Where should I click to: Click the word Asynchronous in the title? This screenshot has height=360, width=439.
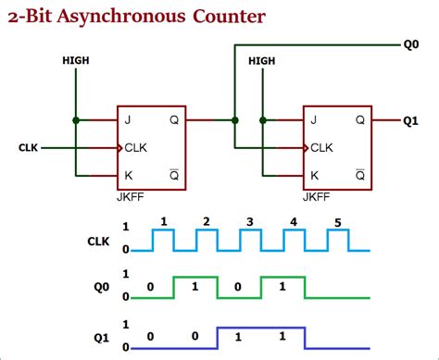click(127, 18)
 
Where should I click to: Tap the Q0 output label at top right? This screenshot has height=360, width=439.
click(412, 43)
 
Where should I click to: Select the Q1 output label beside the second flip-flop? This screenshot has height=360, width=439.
click(413, 119)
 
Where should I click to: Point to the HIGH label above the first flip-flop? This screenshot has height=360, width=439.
click(76, 60)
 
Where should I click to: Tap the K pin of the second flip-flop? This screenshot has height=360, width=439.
click(316, 175)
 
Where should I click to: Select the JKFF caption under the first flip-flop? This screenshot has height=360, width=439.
click(131, 197)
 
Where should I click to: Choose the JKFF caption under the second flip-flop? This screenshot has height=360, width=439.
click(317, 197)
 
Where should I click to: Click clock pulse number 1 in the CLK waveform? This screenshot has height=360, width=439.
click(163, 222)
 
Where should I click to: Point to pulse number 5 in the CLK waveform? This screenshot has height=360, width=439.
click(337, 222)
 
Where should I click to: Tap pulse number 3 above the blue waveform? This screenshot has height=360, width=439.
click(250, 222)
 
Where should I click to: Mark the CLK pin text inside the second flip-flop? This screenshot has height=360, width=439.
click(321, 147)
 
